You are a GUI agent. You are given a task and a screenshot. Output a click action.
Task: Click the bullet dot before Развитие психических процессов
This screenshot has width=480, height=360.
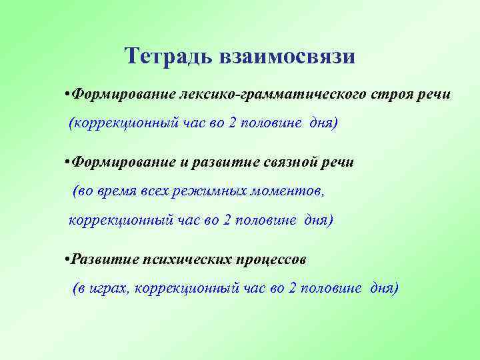67,259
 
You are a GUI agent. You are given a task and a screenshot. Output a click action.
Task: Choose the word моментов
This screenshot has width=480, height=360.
286,191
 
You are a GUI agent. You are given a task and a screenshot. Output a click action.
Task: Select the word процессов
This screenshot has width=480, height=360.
270,259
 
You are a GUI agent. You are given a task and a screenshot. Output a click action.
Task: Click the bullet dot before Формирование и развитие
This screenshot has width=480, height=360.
67,161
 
